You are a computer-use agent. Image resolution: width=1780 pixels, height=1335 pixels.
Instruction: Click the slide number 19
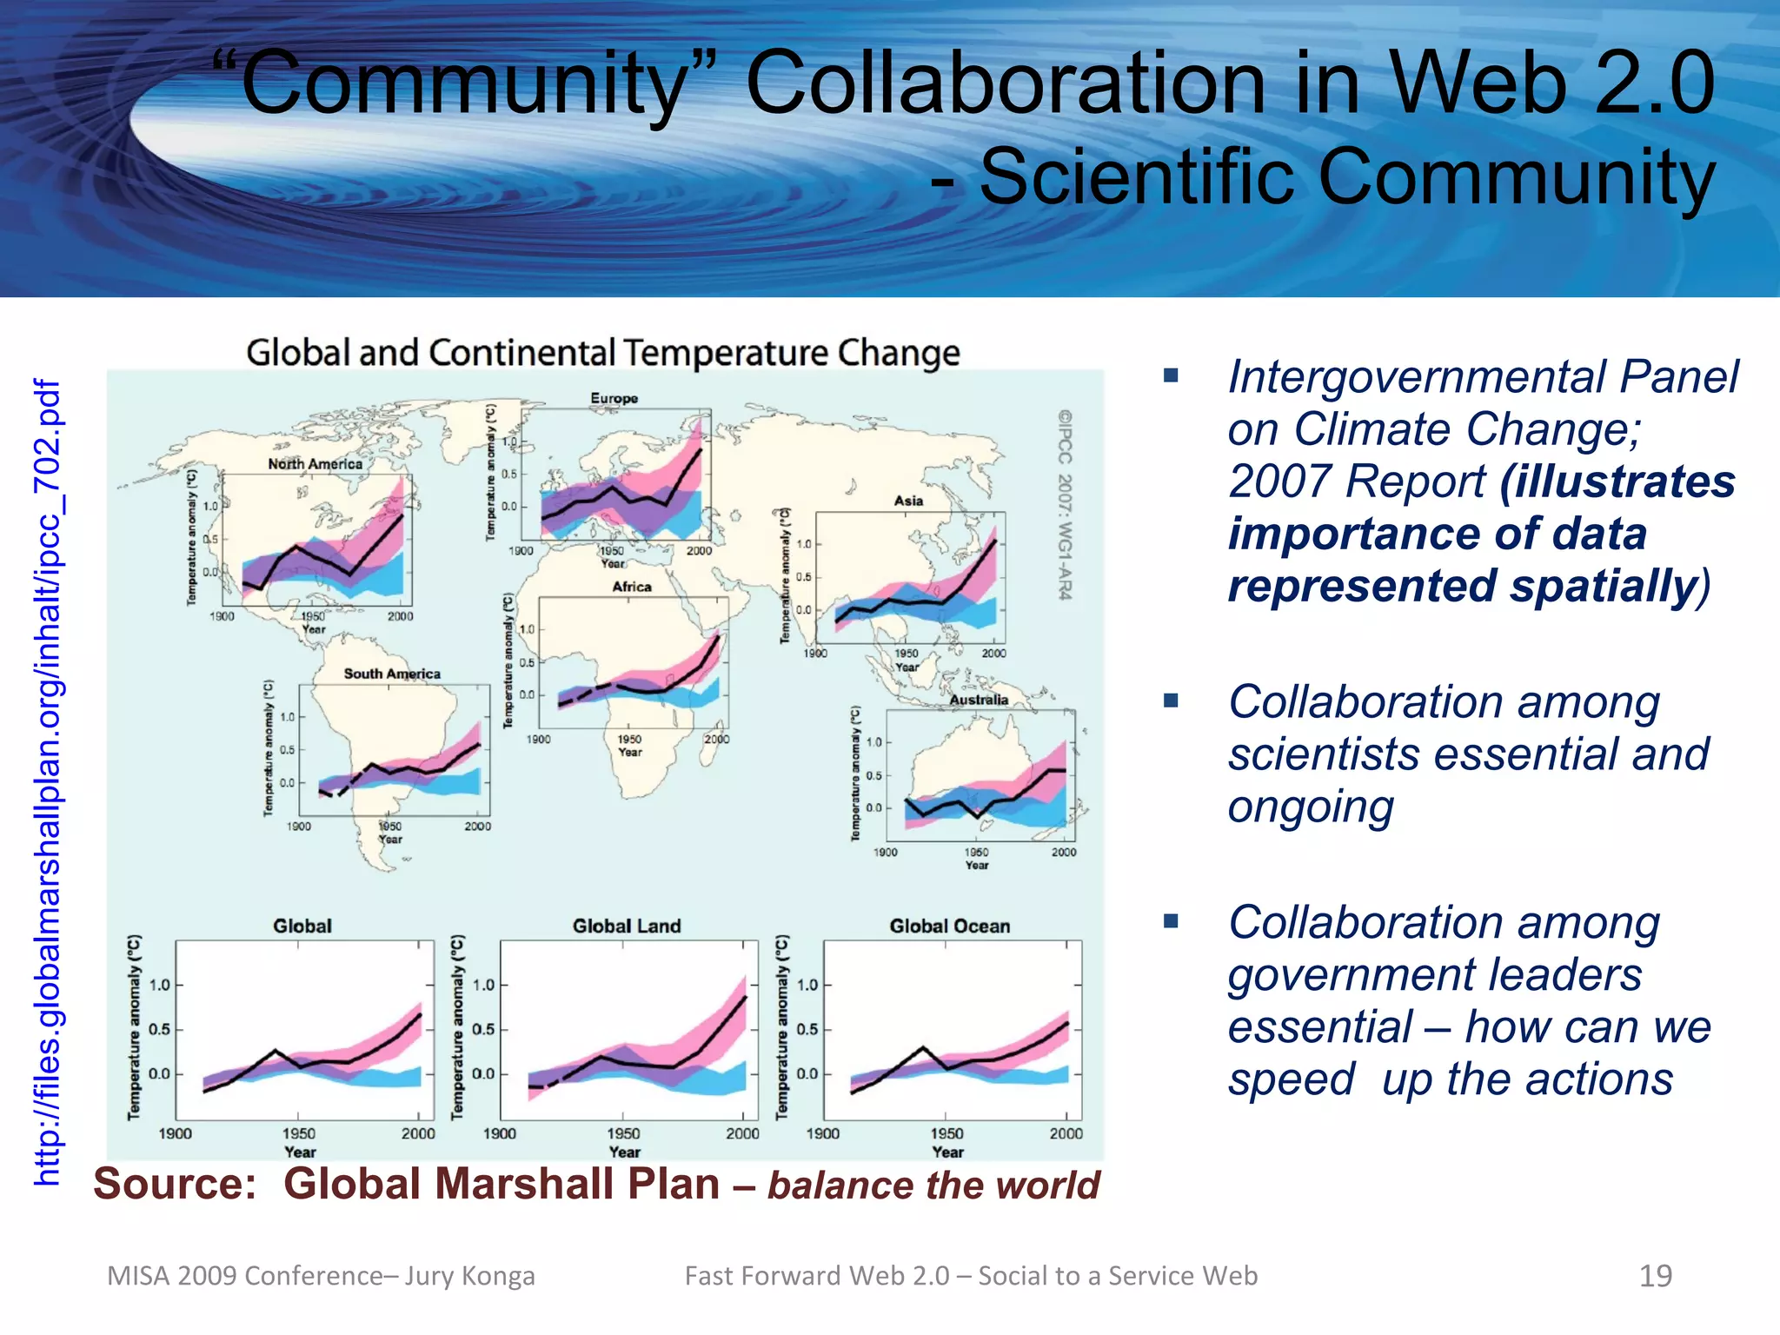1655,1276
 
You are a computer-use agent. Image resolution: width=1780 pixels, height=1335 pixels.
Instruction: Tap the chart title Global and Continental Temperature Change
602,353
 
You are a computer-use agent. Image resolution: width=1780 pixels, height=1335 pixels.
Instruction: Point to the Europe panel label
614,399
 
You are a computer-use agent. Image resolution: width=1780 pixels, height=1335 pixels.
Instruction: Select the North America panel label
315,464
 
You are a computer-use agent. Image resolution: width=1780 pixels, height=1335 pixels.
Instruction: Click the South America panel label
392,674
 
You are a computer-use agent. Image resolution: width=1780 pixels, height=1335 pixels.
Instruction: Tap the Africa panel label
632,587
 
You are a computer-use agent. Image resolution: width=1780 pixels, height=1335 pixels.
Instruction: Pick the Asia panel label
908,501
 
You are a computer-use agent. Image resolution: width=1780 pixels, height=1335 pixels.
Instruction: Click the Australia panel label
979,700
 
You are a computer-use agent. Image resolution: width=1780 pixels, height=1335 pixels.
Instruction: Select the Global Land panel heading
627,927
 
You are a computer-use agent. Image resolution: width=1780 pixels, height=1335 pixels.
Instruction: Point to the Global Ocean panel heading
950,927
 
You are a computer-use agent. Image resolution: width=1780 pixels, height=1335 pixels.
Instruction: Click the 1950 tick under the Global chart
299,1133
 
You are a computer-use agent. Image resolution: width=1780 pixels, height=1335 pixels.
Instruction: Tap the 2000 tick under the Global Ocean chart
1066,1133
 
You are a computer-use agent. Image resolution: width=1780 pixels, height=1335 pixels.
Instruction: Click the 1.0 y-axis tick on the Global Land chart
483,985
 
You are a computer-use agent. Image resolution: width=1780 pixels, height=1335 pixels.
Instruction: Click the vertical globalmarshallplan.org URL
49,782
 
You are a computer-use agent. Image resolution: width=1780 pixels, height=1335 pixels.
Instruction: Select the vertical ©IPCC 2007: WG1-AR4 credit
1065,504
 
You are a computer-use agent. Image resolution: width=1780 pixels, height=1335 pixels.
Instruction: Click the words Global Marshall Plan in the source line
501,1184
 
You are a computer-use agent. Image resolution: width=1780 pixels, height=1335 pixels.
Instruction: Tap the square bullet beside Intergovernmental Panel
1171,375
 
